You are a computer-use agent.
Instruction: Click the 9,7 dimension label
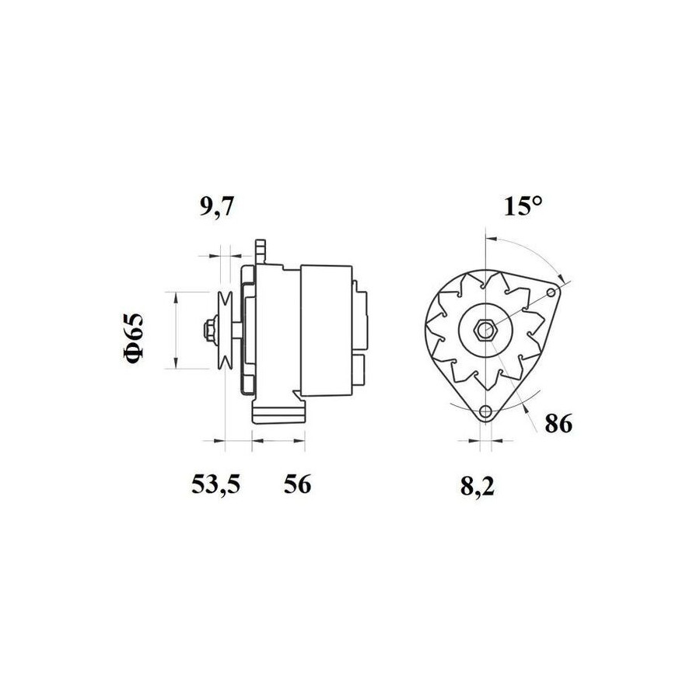tap(216, 208)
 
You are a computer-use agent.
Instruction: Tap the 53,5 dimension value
tap(216, 484)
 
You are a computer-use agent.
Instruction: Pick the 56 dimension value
tap(297, 484)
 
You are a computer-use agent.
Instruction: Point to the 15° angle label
tap(523, 206)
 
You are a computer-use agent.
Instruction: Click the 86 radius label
tap(558, 424)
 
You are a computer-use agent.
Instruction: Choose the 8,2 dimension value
tap(478, 486)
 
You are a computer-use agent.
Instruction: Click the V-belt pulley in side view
tap(225, 331)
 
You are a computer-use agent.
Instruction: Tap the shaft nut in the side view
tap(208, 331)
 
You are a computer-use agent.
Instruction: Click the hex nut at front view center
tap(484, 331)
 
